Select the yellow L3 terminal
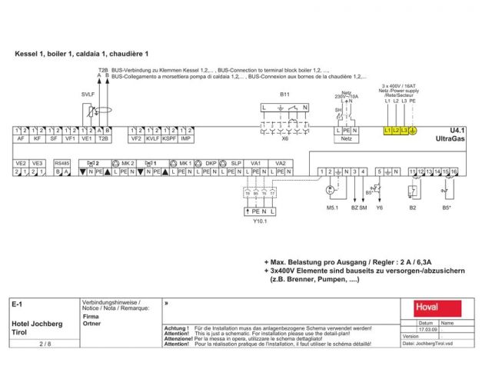coord(404,131)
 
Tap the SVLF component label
coord(87,94)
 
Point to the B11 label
coord(284,94)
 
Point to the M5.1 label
coord(333,207)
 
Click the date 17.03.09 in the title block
coord(428,329)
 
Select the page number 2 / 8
coord(44,344)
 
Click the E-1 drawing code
coord(18,304)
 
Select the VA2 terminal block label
coord(281,163)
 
